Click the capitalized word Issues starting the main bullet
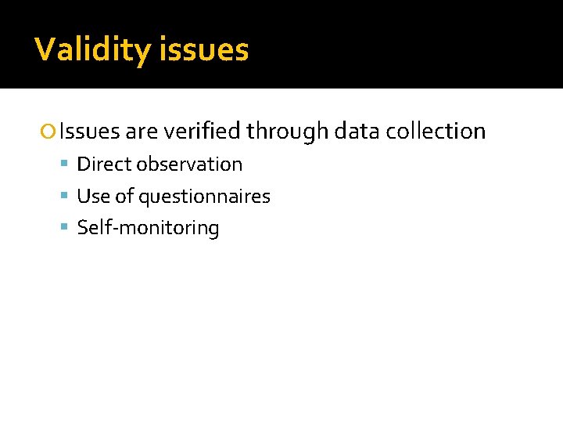coord(88,131)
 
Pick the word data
coord(357,131)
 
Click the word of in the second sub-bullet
coord(124,197)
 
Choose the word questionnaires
coord(204,197)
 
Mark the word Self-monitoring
coord(149,229)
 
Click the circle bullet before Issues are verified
coord(51,132)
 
